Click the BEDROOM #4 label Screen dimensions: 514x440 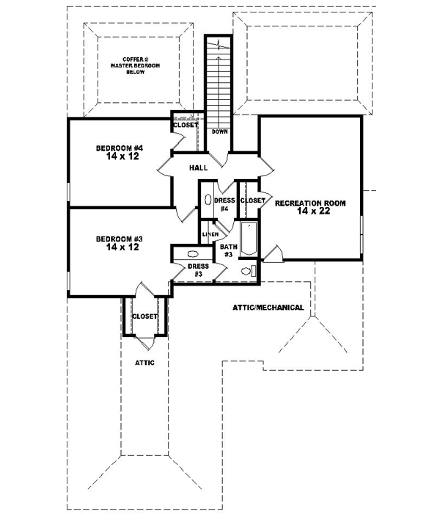(118, 148)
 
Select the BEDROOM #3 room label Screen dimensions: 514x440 (118, 239)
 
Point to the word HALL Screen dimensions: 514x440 (198, 168)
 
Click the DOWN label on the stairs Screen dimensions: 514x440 (219, 131)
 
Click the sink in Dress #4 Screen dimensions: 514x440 (207, 200)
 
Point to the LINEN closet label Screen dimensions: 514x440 (210, 234)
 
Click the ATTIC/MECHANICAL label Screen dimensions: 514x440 (268, 307)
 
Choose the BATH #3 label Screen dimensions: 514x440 (228, 250)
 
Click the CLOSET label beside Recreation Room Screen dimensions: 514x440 (252, 200)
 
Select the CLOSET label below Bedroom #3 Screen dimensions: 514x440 (144, 316)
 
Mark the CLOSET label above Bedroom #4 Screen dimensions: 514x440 (186, 125)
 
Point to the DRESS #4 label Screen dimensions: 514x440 (224, 204)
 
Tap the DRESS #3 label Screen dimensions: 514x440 (194, 271)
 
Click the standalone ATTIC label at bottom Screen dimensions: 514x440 (144, 363)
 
